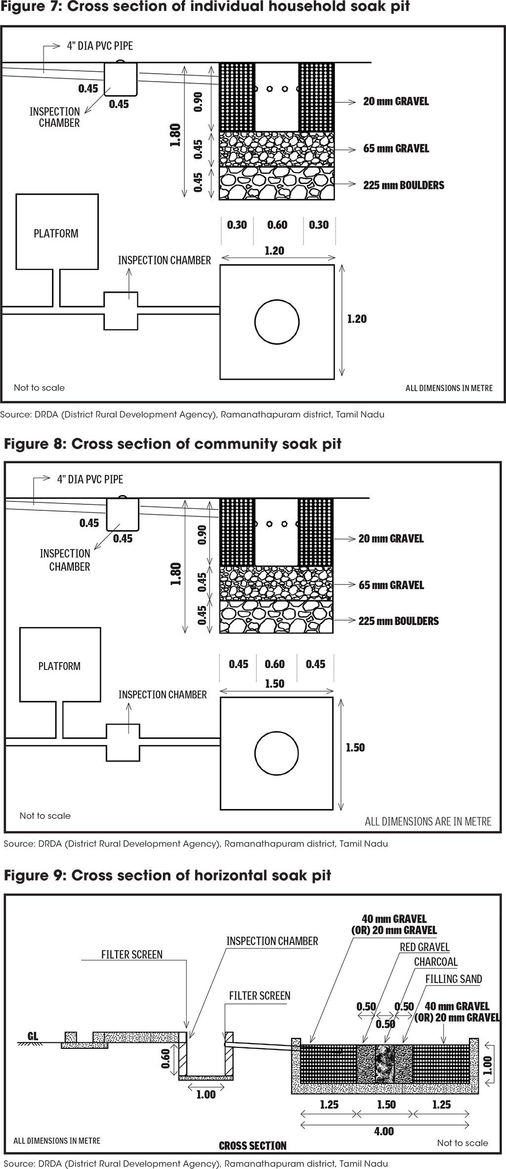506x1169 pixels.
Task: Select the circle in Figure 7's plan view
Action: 277,322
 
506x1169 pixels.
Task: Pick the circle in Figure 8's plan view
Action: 277,754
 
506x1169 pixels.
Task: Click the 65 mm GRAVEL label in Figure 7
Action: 396,148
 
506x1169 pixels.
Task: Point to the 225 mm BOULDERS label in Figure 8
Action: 398,621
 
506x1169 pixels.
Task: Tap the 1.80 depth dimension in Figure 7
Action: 175,135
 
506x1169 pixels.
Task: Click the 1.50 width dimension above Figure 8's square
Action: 274,684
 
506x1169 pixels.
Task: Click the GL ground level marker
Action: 33,1036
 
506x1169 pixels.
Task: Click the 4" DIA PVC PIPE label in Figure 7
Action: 100,46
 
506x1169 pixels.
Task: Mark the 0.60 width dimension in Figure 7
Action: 277,225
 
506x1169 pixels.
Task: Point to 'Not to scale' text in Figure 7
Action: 39,388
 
